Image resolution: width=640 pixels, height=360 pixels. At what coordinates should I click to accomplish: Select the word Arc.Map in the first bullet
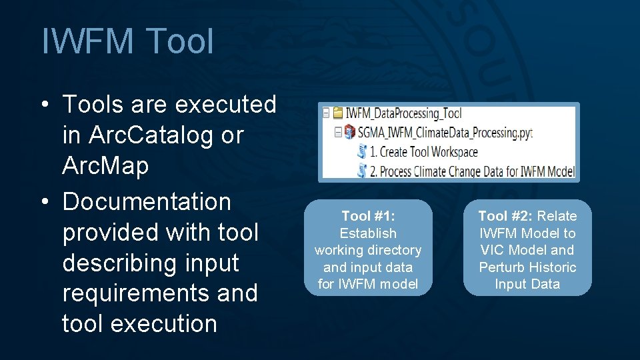105,165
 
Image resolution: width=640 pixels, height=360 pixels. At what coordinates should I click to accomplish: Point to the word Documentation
146,201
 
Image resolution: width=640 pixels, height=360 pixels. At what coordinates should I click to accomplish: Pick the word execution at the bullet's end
163,323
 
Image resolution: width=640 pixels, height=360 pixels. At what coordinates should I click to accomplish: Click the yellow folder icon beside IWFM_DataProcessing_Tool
338,113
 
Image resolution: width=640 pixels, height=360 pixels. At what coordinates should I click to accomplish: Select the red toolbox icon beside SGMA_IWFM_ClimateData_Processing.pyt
350,133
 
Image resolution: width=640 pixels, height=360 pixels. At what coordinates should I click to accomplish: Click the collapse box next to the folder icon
326,113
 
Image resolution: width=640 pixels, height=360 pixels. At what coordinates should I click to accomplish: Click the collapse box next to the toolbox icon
338,133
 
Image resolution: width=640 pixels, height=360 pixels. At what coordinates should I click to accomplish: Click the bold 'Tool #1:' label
368,216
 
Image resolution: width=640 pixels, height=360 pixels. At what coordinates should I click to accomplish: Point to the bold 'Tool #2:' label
506,216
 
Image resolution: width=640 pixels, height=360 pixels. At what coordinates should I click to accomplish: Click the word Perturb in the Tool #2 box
503,267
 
